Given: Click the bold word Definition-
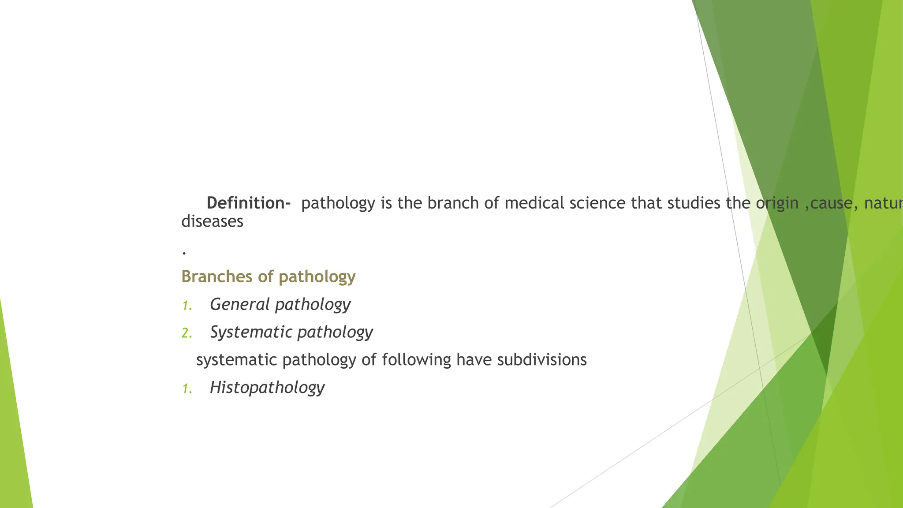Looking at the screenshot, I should click(248, 203).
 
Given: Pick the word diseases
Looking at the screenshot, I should click(212, 221).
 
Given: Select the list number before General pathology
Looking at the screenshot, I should click(187, 306).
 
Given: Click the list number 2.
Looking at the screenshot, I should click(187, 333).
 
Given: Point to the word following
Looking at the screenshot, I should click(416, 360).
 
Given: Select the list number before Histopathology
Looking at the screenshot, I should click(187, 389).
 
